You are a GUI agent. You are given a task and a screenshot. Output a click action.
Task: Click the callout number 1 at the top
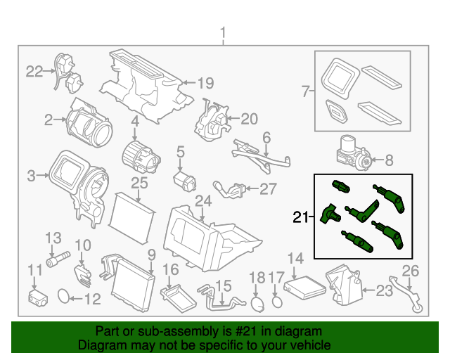(224, 32)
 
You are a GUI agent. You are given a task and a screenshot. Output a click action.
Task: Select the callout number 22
(34, 70)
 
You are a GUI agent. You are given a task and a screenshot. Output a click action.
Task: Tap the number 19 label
(205, 83)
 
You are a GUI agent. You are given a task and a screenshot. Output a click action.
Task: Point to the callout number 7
(305, 91)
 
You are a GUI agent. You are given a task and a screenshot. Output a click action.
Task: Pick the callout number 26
(410, 270)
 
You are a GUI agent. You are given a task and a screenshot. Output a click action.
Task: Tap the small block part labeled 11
(36, 296)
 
